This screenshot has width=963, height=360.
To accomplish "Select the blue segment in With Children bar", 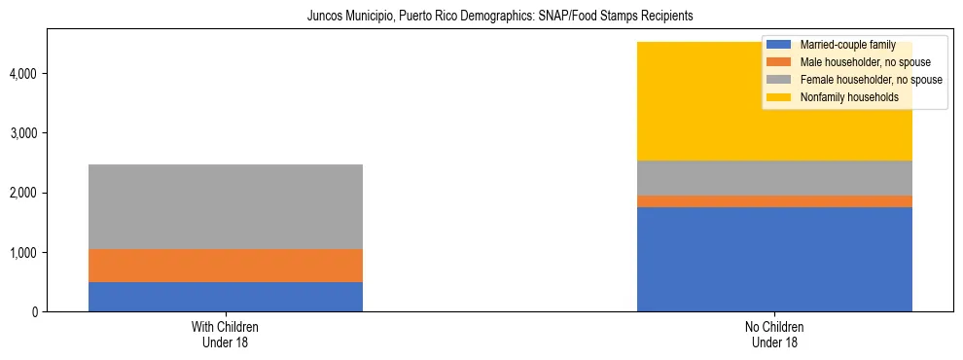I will [x=226, y=297].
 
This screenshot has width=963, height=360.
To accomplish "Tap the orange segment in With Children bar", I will [x=226, y=266].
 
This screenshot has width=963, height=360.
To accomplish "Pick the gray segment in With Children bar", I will [x=226, y=206].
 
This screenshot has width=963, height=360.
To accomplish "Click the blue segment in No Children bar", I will [x=774, y=259].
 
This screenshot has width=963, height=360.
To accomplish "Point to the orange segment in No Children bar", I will [x=774, y=201].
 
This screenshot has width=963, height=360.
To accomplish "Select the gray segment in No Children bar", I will [x=774, y=178].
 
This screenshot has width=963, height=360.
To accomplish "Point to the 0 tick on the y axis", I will [x=36, y=312].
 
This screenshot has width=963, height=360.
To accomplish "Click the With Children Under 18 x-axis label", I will [x=226, y=335].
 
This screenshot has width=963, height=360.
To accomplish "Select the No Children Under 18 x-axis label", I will [x=774, y=335].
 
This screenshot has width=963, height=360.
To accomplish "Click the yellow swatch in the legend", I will [x=779, y=97].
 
